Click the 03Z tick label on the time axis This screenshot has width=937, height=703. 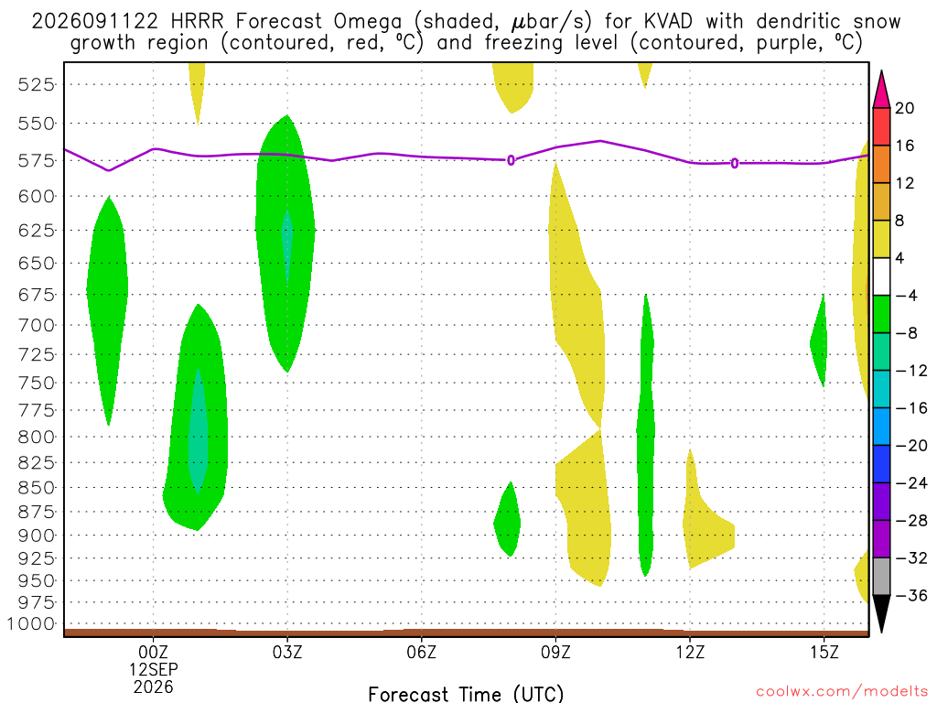click(287, 652)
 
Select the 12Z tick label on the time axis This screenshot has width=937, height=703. click(690, 652)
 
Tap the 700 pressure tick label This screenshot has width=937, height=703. click(37, 326)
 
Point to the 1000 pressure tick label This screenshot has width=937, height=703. click(31, 624)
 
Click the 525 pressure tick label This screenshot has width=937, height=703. click(37, 84)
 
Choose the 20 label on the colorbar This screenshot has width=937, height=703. click(905, 108)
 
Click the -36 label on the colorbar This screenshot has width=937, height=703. click(910, 595)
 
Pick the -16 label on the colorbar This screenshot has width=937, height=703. click(910, 408)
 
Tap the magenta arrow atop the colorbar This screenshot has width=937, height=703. click(881, 90)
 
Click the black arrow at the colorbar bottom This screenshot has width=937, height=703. click(881, 613)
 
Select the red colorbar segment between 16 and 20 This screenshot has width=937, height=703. click(881, 126)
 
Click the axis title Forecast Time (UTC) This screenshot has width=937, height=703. click(466, 694)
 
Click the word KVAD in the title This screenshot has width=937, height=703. click(668, 22)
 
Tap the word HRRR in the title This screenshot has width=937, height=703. click(197, 22)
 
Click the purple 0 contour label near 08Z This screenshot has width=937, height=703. click(511, 160)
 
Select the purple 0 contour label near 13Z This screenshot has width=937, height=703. click(735, 163)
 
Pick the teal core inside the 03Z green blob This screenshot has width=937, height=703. click(287, 246)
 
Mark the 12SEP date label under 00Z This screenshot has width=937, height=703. click(154, 669)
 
